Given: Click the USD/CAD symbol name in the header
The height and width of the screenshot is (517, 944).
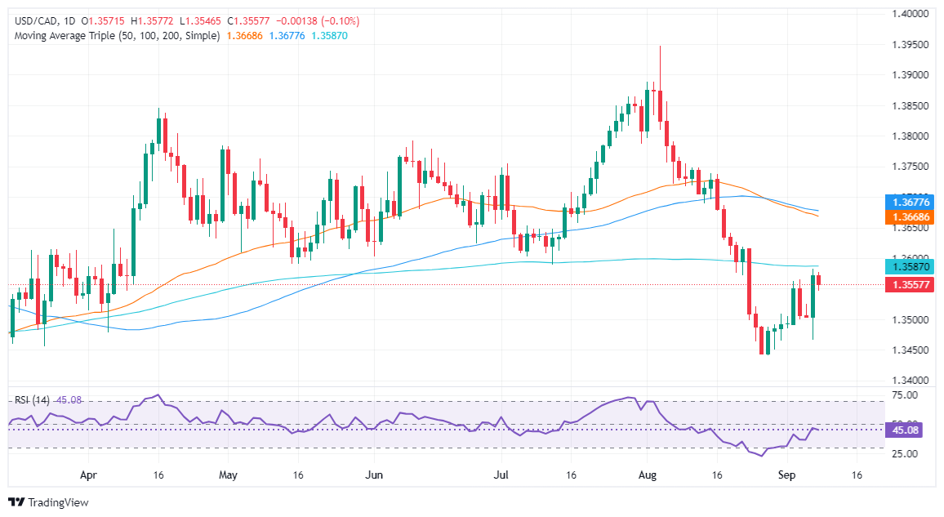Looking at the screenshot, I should click(x=31, y=20).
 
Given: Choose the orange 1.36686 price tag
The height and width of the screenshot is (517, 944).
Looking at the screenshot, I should click(x=908, y=219).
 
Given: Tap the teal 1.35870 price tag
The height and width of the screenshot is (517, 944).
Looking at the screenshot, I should click(x=908, y=267).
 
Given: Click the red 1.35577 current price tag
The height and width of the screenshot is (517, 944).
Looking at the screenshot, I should click(x=908, y=285).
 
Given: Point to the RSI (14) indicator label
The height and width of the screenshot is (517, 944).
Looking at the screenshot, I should click(x=31, y=400).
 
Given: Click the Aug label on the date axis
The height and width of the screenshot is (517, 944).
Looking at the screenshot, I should click(x=648, y=474).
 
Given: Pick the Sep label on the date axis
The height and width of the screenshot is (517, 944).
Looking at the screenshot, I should click(x=786, y=474).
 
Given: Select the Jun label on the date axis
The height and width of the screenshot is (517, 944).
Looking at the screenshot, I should click(x=374, y=474).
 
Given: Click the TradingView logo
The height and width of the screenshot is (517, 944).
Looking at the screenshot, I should click(x=48, y=502).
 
